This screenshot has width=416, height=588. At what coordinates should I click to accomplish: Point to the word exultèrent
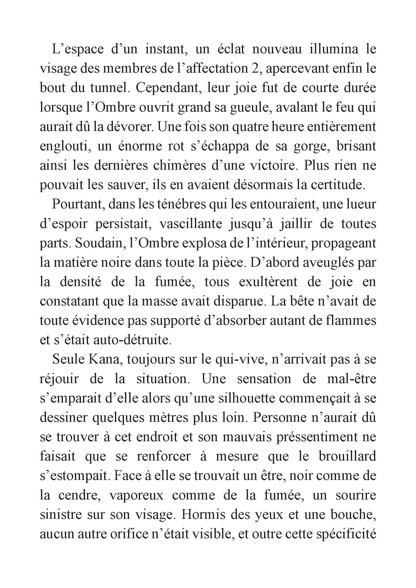coord(268,282)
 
